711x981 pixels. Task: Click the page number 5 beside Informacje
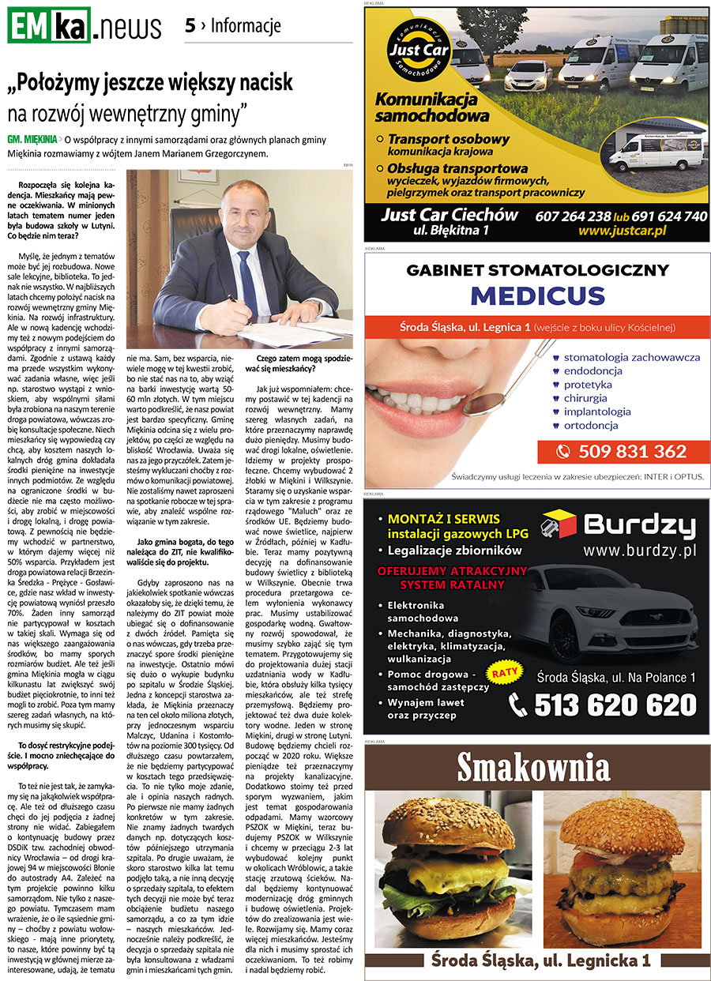point(190,25)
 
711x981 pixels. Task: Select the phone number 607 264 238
point(573,216)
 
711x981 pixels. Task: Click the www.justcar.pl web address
point(622,231)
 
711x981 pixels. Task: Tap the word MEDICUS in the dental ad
point(537,296)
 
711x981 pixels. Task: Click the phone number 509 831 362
point(631,452)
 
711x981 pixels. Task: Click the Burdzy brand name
point(640,524)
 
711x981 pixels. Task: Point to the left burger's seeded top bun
point(446,824)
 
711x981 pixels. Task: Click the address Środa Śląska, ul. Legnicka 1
point(540,960)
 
